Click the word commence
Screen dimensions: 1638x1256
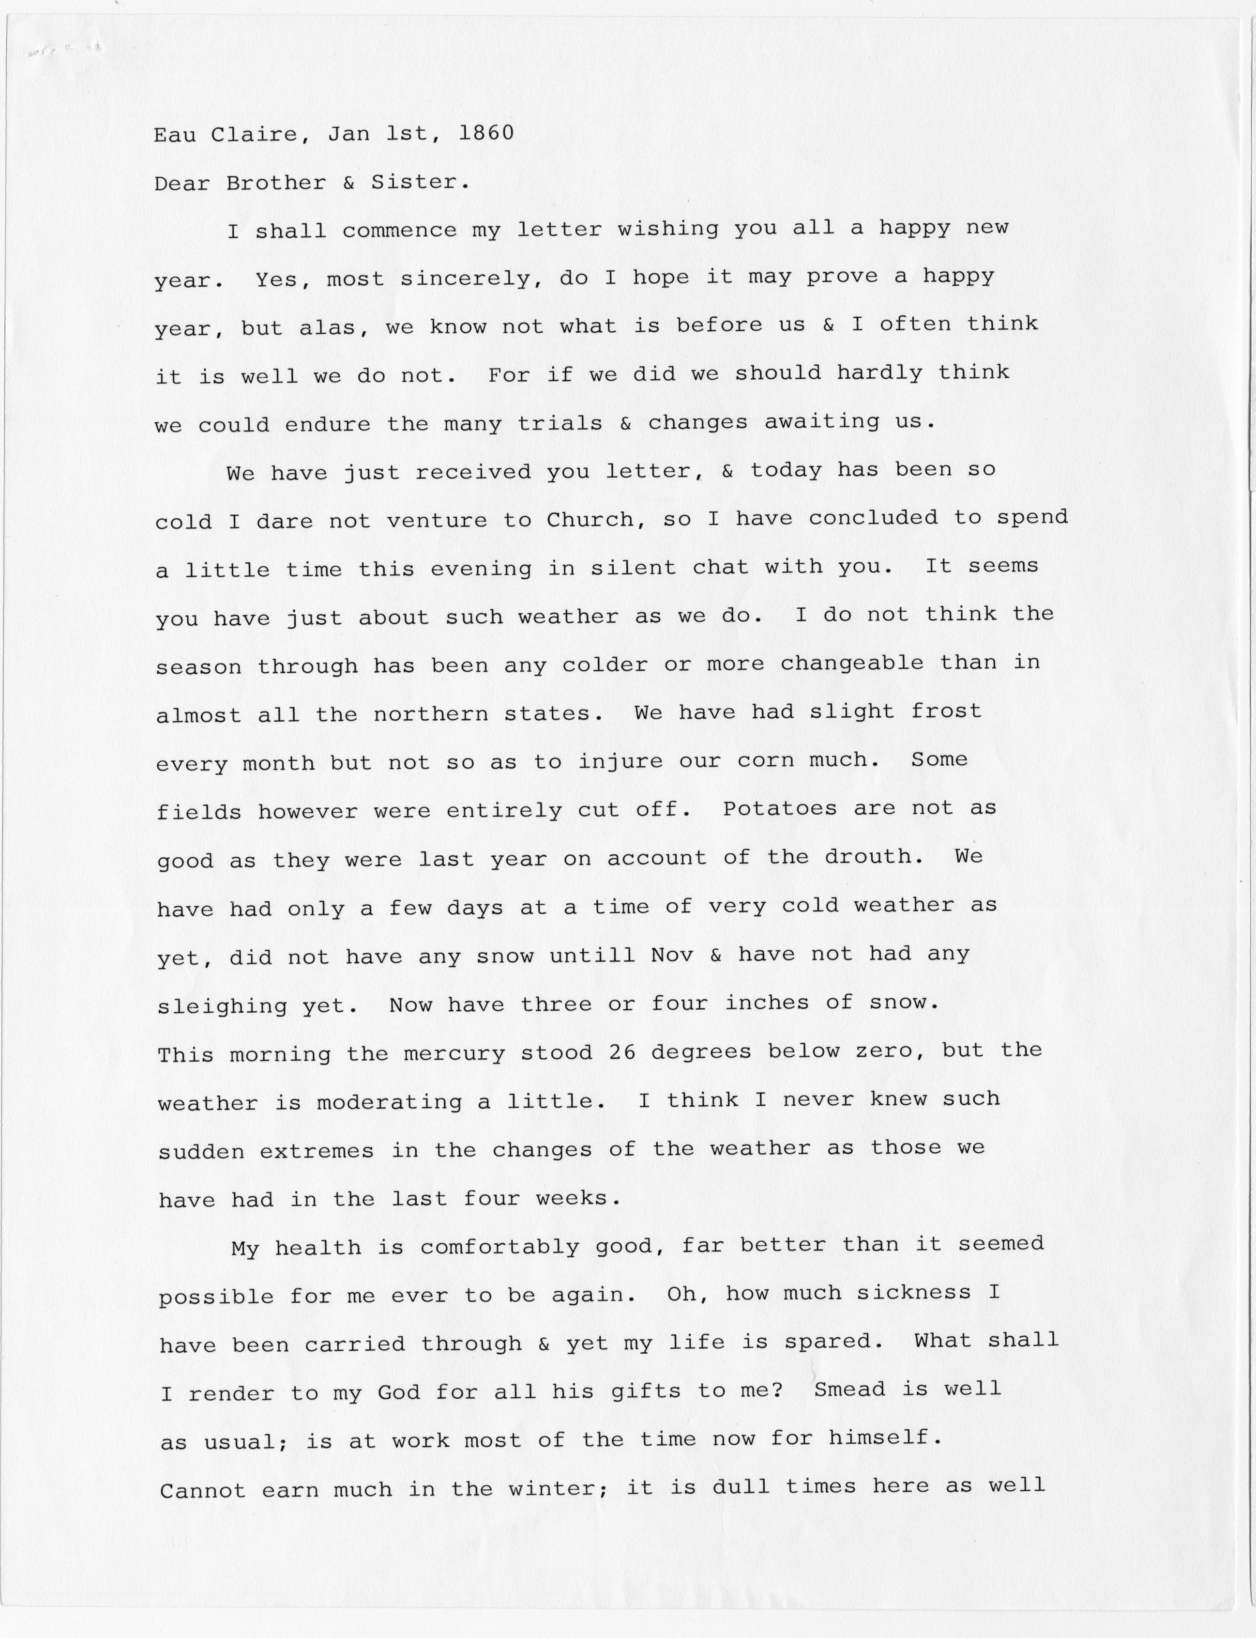click(399, 231)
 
